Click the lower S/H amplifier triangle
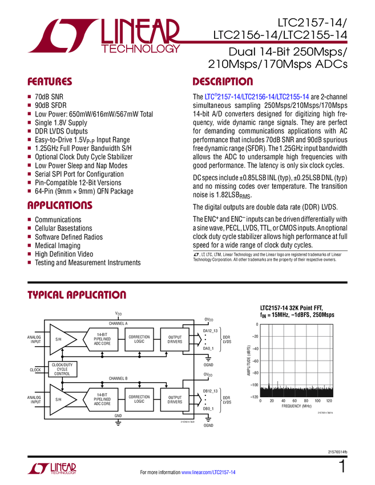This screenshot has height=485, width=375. coord(61,399)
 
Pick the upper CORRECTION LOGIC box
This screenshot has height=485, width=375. coord(139,339)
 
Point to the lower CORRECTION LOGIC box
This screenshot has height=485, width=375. coord(139,399)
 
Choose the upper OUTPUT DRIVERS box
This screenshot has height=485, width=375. coord(175,339)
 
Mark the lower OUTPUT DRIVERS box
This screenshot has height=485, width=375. coord(175,399)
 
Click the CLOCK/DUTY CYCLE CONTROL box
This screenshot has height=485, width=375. coord(62,369)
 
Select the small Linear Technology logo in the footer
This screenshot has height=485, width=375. coord(52,468)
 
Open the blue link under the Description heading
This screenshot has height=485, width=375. coord(257,98)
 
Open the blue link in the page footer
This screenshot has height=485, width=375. coord(209,472)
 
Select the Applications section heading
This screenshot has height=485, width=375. coord(60,205)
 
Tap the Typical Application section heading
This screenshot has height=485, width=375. coord(76,295)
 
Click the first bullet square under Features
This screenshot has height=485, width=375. coord(29,96)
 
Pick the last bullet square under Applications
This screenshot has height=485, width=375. coord(29,262)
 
